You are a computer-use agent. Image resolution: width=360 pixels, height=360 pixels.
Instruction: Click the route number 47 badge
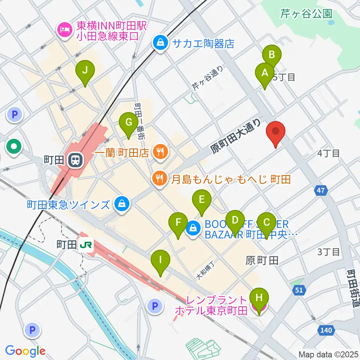pos(320,191)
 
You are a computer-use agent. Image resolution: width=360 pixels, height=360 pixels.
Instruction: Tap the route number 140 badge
pos(327,330)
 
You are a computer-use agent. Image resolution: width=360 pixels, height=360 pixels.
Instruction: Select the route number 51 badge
pos(298,290)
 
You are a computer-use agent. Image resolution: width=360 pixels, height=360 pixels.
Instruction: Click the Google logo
pos(25,351)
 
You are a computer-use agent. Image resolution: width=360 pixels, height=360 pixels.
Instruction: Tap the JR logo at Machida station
pos(86,245)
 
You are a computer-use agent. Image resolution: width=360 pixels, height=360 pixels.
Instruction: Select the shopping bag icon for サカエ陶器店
pos(160,43)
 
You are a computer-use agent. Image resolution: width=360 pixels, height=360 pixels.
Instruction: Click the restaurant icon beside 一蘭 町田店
pos(161,152)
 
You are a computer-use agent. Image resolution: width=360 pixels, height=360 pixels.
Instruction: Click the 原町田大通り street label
pos(235,136)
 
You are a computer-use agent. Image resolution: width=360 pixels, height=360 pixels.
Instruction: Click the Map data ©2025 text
pos(328,354)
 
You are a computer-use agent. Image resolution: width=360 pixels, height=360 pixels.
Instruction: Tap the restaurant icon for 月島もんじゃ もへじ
pos(160,179)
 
